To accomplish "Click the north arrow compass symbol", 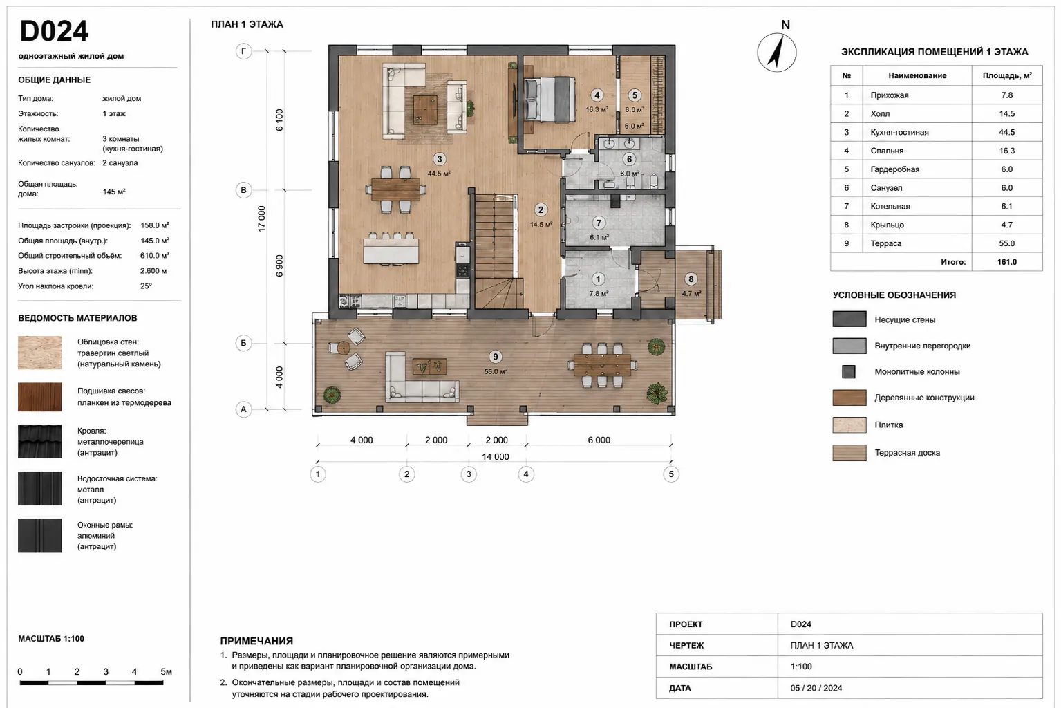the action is pyautogui.click(x=776, y=52).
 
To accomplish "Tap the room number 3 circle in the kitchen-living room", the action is pyautogui.click(x=440, y=159).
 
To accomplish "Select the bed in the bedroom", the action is pyautogui.click(x=550, y=100).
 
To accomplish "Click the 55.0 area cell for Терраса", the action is pyautogui.click(x=1006, y=243).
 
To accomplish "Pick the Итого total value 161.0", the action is pyautogui.click(x=1006, y=261).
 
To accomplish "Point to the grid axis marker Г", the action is pyautogui.click(x=243, y=51).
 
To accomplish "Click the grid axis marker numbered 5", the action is pyautogui.click(x=670, y=474).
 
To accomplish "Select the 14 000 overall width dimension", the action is pyautogui.click(x=496, y=457).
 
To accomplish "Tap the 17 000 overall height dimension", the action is pyautogui.click(x=261, y=218).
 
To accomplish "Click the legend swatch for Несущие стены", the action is pyautogui.click(x=849, y=319).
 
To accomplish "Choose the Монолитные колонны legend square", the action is pyautogui.click(x=849, y=371).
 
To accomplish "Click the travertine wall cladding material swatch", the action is pyautogui.click(x=40, y=353).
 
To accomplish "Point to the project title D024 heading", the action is pyautogui.click(x=54, y=31).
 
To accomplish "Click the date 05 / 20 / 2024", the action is pyautogui.click(x=816, y=688).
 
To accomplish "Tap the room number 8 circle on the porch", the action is pyautogui.click(x=691, y=279).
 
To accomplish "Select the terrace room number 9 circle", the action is pyautogui.click(x=496, y=357).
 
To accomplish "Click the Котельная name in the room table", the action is pyautogui.click(x=890, y=206).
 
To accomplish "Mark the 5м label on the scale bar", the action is pyautogui.click(x=167, y=671).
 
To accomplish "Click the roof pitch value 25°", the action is pyautogui.click(x=146, y=286).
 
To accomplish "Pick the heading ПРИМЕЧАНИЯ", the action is pyautogui.click(x=256, y=641).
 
